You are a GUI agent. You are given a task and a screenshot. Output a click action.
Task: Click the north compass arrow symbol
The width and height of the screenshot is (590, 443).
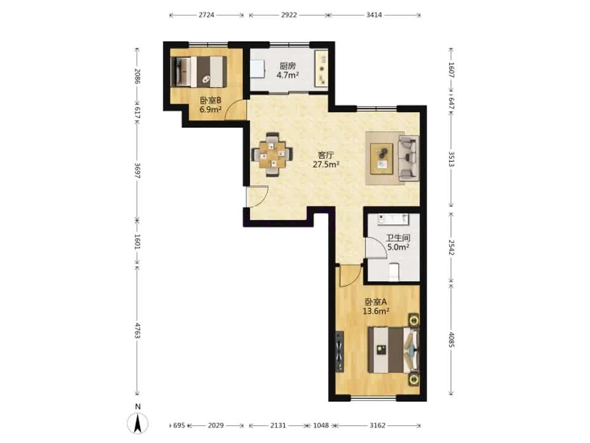138,423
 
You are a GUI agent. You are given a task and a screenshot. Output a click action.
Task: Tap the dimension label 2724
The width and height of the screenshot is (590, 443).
206,15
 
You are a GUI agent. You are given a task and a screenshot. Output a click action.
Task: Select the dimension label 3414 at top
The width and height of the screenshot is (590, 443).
374,15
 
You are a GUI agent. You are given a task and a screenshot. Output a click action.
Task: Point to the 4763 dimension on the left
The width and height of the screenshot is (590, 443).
137,330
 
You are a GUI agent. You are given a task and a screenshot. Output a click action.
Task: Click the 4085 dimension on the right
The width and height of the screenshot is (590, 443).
452,338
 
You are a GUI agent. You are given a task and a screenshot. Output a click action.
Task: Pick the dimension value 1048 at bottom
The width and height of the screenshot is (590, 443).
321,425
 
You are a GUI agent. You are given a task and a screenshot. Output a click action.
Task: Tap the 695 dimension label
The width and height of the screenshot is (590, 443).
179,425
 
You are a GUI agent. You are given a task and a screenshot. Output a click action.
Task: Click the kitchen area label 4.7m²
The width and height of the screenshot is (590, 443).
288,75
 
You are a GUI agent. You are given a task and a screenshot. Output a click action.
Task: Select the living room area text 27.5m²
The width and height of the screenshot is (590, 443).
326,164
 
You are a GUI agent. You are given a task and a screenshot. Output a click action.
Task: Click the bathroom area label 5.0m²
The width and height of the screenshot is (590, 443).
398,247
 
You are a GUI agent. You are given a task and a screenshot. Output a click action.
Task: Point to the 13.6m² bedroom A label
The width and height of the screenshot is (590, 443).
376,311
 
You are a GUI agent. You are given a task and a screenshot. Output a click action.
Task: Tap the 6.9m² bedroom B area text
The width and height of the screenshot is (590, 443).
210,110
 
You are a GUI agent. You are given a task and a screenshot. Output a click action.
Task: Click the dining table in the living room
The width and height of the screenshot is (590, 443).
272,154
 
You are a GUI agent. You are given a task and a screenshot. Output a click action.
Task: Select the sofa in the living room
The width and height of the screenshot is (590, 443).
409,158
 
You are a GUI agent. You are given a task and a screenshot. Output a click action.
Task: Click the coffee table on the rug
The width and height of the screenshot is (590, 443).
382,159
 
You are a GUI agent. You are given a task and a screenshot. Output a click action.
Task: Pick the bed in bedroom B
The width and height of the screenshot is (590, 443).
199,71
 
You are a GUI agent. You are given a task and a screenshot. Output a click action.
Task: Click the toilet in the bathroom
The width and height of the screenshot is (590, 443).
393,272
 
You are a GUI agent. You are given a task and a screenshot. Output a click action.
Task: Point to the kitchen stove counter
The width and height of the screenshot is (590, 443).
321,68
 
